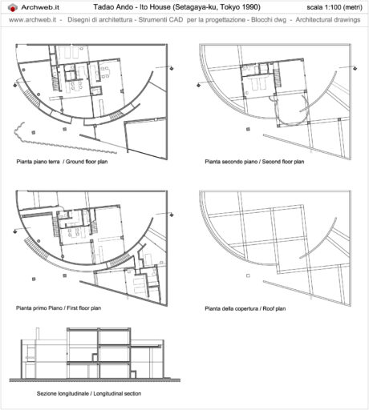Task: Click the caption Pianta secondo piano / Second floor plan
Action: (254, 161)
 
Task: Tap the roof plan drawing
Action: (273, 240)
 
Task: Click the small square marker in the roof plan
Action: (249, 277)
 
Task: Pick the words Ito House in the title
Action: (150, 6)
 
